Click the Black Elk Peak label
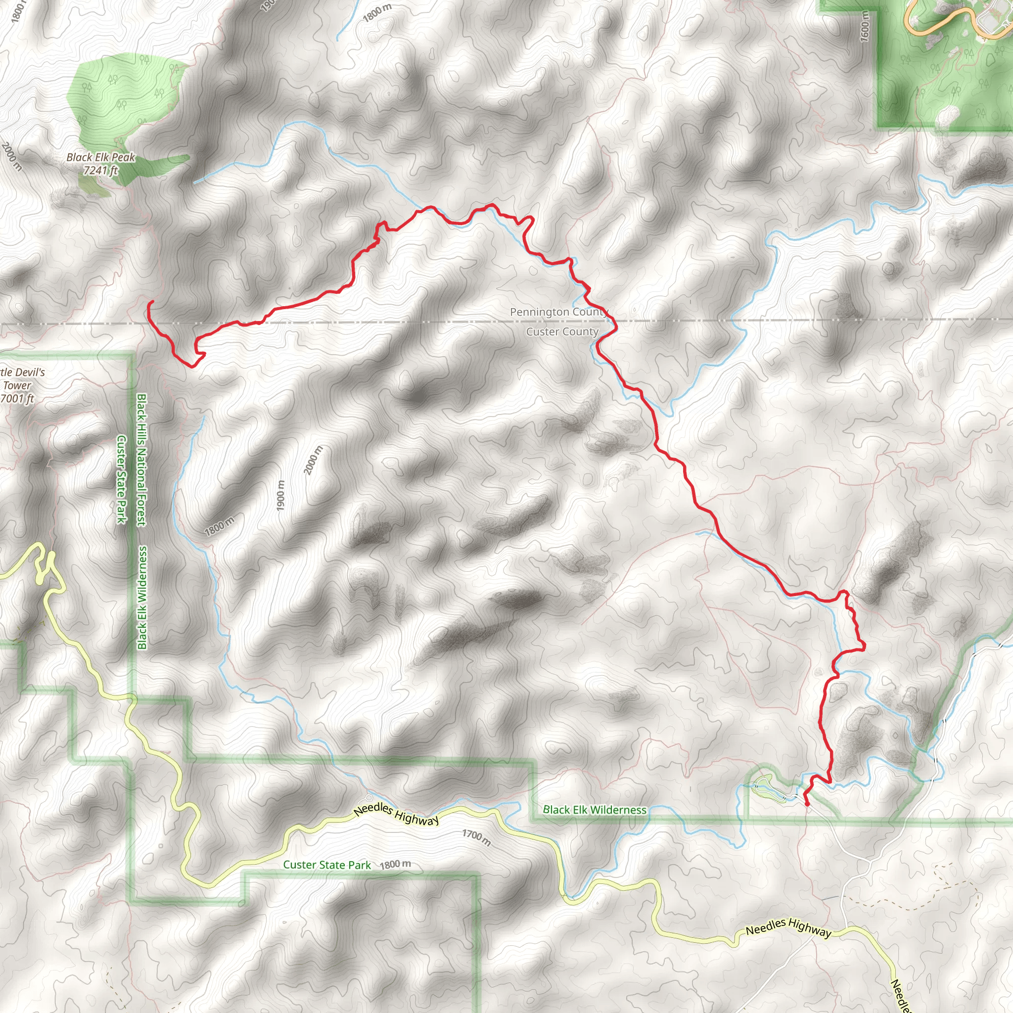(x=101, y=157)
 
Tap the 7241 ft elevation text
(x=101, y=171)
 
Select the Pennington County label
(x=558, y=313)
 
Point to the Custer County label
(x=562, y=332)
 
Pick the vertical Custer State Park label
(x=122, y=479)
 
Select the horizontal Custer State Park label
(x=326, y=865)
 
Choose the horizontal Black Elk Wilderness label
(x=595, y=810)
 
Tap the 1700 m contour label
(x=476, y=838)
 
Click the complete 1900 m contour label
(x=280, y=496)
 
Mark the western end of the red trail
(x=150, y=303)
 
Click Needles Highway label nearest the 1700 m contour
(x=396, y=814)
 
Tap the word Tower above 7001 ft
(x=17, y=386)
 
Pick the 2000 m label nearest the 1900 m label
(x=314, y=460)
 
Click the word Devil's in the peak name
(x=30, y=373)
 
